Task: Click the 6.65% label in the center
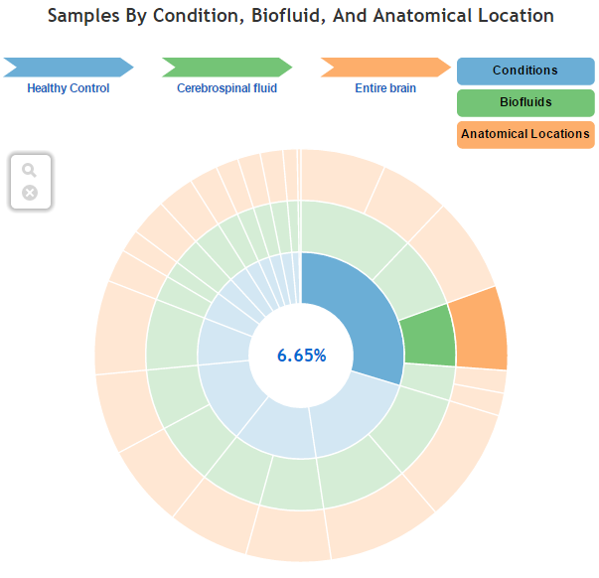(301, 356)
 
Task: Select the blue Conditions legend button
(524, 71)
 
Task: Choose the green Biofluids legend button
(524, 102)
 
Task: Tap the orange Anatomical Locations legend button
(524, 134)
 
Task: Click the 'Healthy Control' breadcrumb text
(69, 88)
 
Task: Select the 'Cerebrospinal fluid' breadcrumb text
(226, 88)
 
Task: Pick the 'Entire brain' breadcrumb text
(385, 88)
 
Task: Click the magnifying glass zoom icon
(30, 171)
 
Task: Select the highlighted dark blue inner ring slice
(348, 308)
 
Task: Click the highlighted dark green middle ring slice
(428, 341)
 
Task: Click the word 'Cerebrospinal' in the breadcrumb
(211, 88)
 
